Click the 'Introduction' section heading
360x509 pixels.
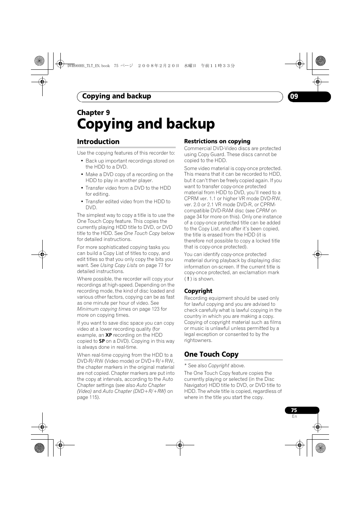point(98,142)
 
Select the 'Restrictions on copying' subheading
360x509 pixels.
point(217,141)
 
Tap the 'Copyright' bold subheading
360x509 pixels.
point(198,291)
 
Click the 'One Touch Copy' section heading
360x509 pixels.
point(211,354)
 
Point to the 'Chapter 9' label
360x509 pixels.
point(93,112)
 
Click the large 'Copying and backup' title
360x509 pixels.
point(146,124)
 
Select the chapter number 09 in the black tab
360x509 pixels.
point(294,97)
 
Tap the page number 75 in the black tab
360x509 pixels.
point(294,410)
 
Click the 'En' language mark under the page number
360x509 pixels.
point(294,417)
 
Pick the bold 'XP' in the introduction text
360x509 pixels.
point(109,335)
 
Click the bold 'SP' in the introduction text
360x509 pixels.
point(102,341)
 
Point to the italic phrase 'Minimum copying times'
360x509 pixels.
point(104,309)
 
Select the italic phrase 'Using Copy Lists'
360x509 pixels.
point(119,265)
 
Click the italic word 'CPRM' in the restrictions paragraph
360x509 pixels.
point(263,211)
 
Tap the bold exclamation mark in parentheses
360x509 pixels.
point(188,279)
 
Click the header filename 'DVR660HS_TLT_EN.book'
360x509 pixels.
point(88,66)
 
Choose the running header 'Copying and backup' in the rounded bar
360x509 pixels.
point(117,97)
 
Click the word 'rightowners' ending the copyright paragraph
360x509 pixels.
point(198,340)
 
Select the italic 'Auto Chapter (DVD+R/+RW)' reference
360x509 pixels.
point(134,391)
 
